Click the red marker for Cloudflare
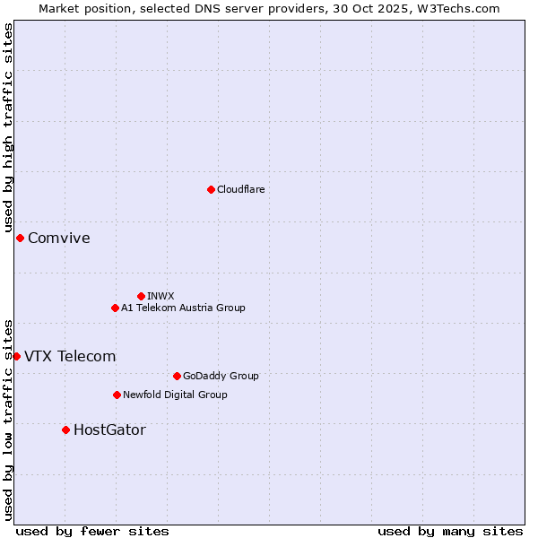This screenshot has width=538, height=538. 211,189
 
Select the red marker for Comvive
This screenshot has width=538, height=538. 20,238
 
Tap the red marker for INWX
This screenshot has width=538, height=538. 141,296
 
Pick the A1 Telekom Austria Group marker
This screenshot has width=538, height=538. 115,308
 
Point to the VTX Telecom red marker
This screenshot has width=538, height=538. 16,356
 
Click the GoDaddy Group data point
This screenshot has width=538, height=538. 177,376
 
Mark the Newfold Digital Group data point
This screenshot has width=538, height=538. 117,395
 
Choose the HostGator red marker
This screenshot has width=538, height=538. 65,430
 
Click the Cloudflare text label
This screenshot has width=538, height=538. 240,189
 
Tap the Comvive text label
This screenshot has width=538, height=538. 58,238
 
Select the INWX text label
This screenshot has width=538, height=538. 161,296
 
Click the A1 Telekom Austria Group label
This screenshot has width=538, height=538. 183,308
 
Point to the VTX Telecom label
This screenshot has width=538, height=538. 70,356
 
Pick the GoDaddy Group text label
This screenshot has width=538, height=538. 220,376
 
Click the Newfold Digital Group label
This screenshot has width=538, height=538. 175,395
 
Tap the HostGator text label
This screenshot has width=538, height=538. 109,430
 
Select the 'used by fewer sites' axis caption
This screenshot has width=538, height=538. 92,531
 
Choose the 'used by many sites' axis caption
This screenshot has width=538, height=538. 450,531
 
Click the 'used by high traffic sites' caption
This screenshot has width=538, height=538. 8,128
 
